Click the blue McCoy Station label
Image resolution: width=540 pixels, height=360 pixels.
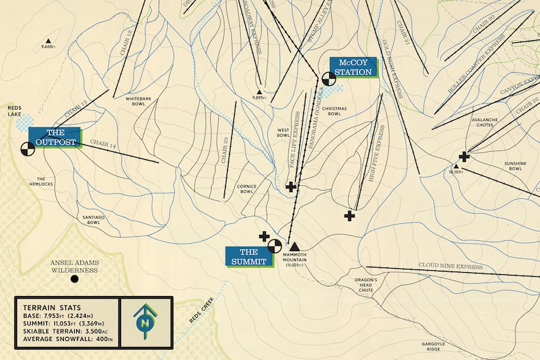[x=352, y=67]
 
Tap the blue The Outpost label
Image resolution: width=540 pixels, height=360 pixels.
[x=54, y=137]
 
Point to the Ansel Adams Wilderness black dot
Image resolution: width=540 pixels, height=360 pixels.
[x=75, y=278]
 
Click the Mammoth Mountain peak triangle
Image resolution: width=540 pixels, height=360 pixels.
[x=294, y=246]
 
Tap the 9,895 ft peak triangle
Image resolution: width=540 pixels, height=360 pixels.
[x=258, y=91]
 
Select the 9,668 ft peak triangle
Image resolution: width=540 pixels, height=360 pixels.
[x=47, y=40]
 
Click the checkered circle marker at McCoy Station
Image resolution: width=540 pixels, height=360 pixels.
[x=328, y=78]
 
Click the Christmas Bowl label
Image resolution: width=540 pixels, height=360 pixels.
[x=335, y=111]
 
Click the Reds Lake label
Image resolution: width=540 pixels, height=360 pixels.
[x=15, y=111]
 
